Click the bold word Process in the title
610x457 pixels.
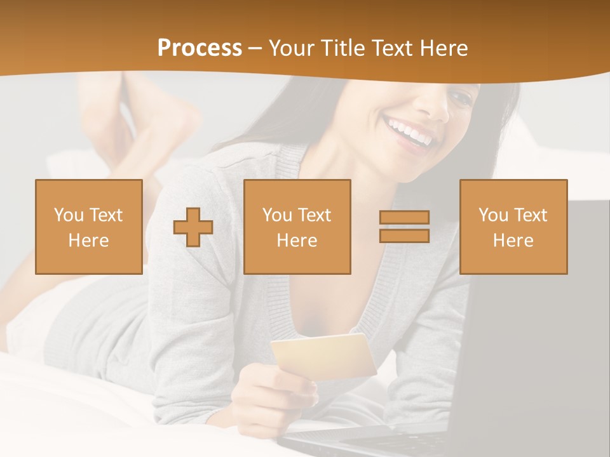click(200, 48)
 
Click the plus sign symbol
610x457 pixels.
click(193, 227)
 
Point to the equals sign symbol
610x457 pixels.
click(404, 227)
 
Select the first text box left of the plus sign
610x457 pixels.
click(89, 227)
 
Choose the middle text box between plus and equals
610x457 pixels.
click(297, 227)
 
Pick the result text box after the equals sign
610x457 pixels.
click(513, 227)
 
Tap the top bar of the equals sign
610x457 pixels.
click(404, 218)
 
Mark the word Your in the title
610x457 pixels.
click(290, 48)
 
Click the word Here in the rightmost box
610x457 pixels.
click(513, 240)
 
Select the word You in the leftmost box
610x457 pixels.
click(68, 215)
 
